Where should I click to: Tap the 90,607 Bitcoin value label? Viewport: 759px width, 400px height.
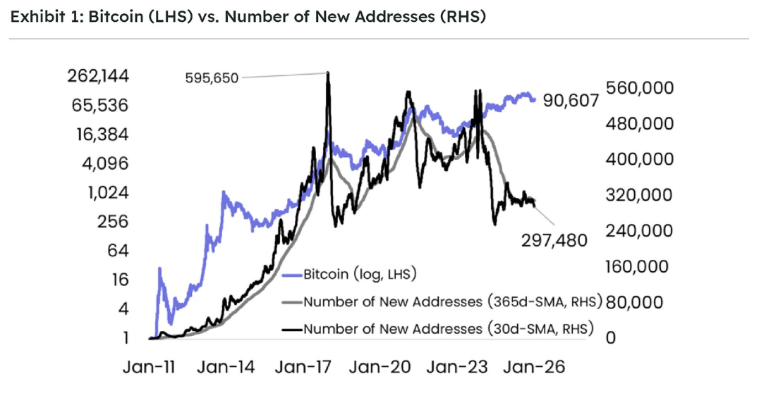tap(571, 101)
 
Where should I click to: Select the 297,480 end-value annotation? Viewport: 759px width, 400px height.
tap(554, 241)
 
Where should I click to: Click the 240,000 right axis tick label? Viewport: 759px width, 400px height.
tap(640, 231)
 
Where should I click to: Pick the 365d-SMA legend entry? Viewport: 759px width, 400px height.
tap(452, 302)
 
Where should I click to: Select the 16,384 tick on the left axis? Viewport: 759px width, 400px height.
tap(106, 135)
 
